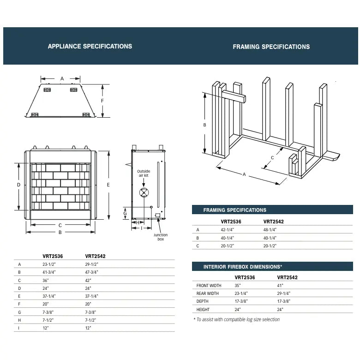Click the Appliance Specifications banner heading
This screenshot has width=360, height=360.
[x=90, y=46]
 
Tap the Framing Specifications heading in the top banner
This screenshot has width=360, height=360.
[x=271, y=47]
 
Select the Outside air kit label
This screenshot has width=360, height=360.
[x=144, y=174]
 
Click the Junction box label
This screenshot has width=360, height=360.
[x=161, y=237]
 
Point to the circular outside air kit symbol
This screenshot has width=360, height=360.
[x=144, y=192]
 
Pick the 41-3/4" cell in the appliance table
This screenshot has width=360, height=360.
[x=49, y=272]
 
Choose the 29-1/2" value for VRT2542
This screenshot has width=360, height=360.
[x=91, y=264]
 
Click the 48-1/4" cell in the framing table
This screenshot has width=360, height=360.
[x=270, y=229]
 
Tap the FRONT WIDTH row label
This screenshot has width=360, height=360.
[x=209, y=286]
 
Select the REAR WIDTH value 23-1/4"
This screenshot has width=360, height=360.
[x=241, y=294]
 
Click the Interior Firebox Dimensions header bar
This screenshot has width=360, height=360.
[x=272, y=267]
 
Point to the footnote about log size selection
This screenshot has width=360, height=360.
[x=237, y=319]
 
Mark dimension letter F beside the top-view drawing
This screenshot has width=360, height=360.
[x=102, y=101]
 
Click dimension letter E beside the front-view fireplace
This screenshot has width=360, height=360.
[x=108, y=185]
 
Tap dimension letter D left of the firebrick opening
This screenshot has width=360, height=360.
[x=19, y=185]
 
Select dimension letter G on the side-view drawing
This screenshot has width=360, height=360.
[x=125, y=213]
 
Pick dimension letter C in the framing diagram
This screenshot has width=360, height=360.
[x=272, y=158]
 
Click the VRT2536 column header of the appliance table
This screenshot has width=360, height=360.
[x=53, y=256]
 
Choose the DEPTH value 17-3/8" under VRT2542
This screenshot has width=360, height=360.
[x=284, y=301]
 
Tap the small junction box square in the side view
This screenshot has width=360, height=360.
[x=158, y=215]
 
